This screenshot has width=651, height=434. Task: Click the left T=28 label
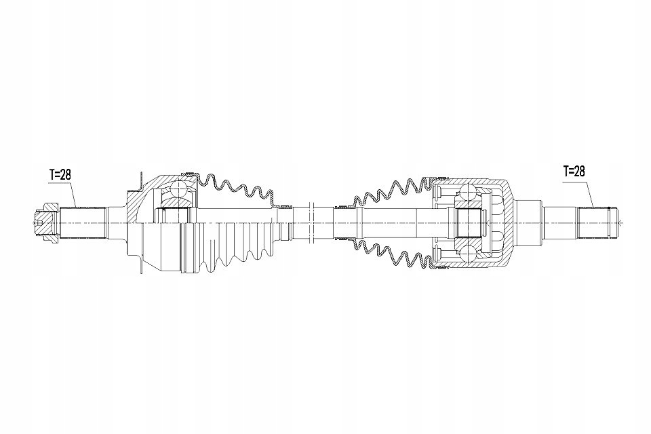(60, 175)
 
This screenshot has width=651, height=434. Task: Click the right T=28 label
(574, 171)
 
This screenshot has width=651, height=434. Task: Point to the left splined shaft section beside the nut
(82, 223)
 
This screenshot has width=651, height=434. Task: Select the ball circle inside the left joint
(179, 191)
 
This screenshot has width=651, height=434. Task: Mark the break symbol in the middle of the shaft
(313, 223)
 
